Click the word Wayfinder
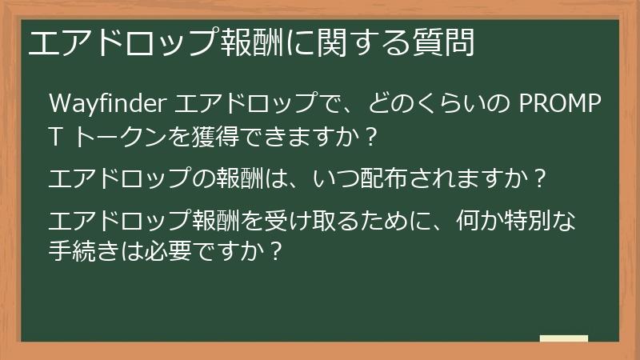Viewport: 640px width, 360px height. point(106,104)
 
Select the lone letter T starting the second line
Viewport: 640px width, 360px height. point(55,138)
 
